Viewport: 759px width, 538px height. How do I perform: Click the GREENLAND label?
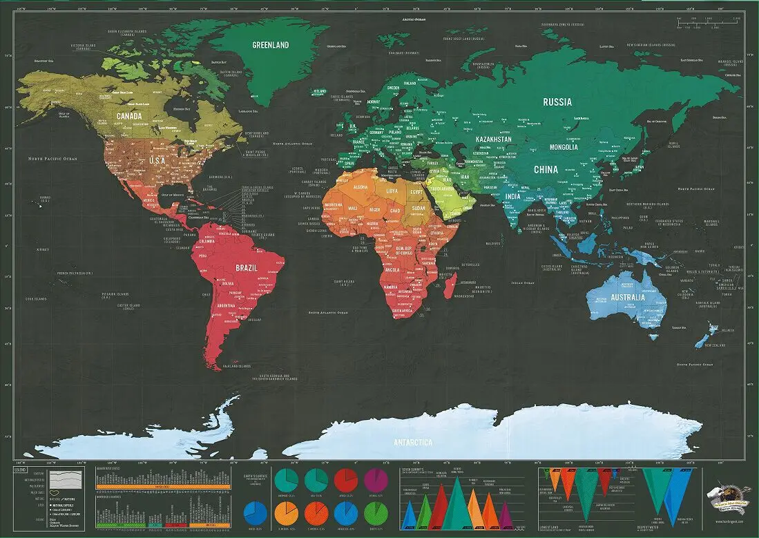tap(270, 45)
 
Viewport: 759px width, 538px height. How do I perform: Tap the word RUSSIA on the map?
tap(557, 102)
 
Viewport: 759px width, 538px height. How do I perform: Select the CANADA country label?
tap(129, 116)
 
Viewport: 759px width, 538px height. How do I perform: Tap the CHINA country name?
tap(546, 169)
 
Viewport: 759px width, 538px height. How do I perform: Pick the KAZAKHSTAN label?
tap(493, 140)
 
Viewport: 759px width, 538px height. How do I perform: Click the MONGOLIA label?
tap(568, 148)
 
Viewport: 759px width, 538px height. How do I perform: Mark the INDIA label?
tap(512, 196)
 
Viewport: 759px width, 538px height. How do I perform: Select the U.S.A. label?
tap(158, 160)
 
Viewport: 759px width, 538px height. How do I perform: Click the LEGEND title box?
tap(21, 470)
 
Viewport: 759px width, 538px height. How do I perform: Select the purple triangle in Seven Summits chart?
tap(505, 514)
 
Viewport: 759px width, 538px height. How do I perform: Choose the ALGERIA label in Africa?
tap(361, 187)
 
